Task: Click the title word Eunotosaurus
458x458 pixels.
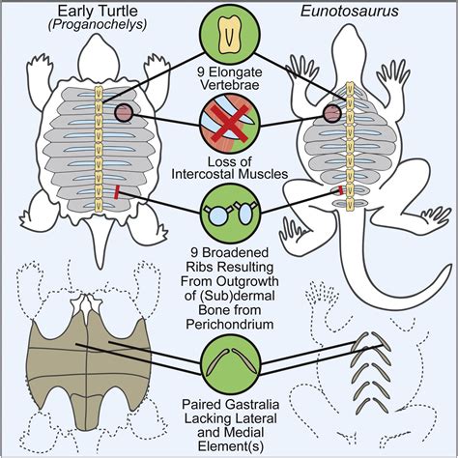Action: pos(350,11)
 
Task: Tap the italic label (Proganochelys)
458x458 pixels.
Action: pos(98,25)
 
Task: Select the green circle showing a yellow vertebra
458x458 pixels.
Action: pos(230,35)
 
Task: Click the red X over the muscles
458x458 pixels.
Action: pos(230,124)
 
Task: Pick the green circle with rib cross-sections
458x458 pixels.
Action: pos(230,214)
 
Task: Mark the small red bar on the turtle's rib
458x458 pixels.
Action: pos(117,192)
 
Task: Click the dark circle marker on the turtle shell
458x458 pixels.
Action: pos(124,113)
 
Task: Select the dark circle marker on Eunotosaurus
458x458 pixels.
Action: pos(332,113)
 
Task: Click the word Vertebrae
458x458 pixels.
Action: pos(230,85)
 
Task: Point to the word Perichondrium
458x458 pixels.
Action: pos(230,325)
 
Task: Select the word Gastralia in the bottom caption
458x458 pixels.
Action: pos(255,404)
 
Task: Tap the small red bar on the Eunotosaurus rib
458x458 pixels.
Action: pos(340,190)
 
